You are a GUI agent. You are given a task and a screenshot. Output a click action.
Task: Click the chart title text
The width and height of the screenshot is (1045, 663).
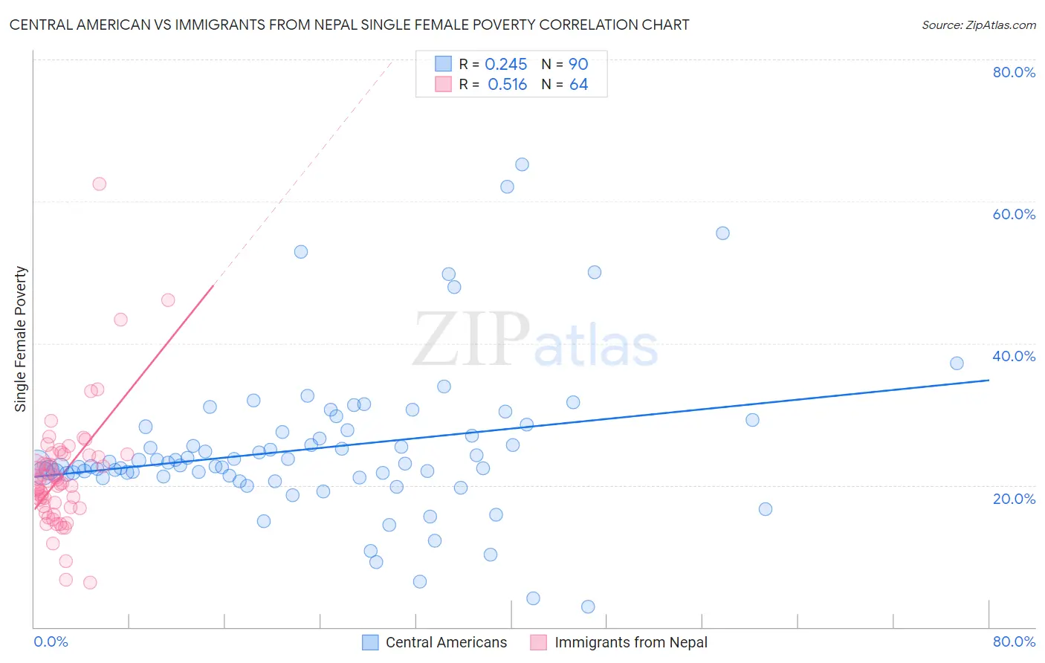349,25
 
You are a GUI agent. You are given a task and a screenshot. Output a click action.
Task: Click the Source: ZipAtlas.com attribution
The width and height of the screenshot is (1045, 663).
978,25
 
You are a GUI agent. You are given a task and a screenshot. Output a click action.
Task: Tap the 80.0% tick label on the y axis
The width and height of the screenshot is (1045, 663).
1014,72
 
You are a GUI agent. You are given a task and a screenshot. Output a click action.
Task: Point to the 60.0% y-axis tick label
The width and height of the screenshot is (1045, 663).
1014,214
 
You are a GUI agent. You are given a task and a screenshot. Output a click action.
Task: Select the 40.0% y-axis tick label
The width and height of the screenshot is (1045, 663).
1014,356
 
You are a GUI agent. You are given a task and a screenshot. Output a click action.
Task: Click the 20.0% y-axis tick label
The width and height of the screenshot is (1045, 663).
1014,499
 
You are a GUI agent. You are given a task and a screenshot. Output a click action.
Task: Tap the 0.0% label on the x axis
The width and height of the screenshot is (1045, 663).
51,641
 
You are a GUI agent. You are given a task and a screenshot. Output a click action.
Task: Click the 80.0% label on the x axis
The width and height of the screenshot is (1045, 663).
1014,641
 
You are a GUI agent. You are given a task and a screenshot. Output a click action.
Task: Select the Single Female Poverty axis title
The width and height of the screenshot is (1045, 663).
21,339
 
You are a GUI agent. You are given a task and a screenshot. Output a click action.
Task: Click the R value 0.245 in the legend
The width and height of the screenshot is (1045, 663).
505,65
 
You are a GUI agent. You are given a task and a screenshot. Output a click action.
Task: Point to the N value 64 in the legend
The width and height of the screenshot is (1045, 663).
578,85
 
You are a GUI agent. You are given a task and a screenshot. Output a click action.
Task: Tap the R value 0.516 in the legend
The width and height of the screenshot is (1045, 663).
507,85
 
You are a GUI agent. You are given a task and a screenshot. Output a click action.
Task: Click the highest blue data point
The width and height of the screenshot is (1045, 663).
522,165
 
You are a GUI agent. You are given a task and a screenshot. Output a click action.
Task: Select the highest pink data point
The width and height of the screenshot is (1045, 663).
100,184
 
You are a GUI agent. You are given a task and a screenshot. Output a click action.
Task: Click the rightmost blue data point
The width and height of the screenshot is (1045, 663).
957,363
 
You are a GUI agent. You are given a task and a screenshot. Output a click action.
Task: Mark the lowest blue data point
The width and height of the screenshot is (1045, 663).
588,607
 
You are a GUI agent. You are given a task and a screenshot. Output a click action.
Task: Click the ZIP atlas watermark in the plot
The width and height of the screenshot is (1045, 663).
535,341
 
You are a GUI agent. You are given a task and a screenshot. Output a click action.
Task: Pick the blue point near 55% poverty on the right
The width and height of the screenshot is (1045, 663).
722,233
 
